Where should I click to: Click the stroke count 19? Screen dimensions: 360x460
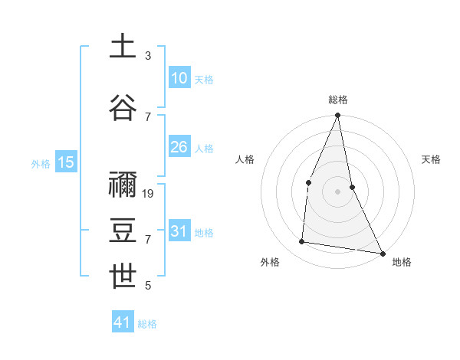(x=149, y=194)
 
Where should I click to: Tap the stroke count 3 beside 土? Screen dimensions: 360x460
(x=148, y=56)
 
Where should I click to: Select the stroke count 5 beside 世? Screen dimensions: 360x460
(x=148, y=286)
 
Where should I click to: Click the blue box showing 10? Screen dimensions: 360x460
(x=179, y=78)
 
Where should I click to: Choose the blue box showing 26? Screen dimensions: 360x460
(x=179, y=147)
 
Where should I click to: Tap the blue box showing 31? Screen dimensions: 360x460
(x=179, y=231)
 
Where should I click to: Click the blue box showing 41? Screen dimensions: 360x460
(x=123, y=322)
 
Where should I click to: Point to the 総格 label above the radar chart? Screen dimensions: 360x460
(x=338, y=100)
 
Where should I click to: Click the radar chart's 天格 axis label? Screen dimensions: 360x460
(x=432, y=159)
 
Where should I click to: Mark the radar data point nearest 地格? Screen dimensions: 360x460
(x=382, y=253)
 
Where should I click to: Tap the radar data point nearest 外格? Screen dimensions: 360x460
(x=302, y=242)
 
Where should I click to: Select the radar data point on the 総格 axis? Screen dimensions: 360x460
(x=337, y=116)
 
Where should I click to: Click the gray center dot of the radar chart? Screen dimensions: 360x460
(x=337, y=191)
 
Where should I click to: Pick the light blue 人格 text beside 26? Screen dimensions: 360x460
(x=204, y=148)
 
